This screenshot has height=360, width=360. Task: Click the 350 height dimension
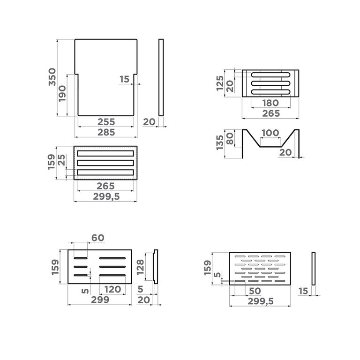[52, 77]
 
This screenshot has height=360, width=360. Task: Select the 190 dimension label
[62, 94]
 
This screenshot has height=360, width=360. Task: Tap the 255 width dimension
[106, 122]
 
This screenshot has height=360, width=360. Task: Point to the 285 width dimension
[106, 133]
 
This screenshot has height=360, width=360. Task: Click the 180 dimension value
[270, 103]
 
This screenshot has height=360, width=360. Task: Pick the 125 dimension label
[220, 83]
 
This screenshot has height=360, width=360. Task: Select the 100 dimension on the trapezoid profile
[270, 133]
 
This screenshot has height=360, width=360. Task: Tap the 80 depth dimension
[230, 139]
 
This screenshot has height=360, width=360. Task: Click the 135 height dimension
[220, 142]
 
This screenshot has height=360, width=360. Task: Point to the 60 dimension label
[98, 238]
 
